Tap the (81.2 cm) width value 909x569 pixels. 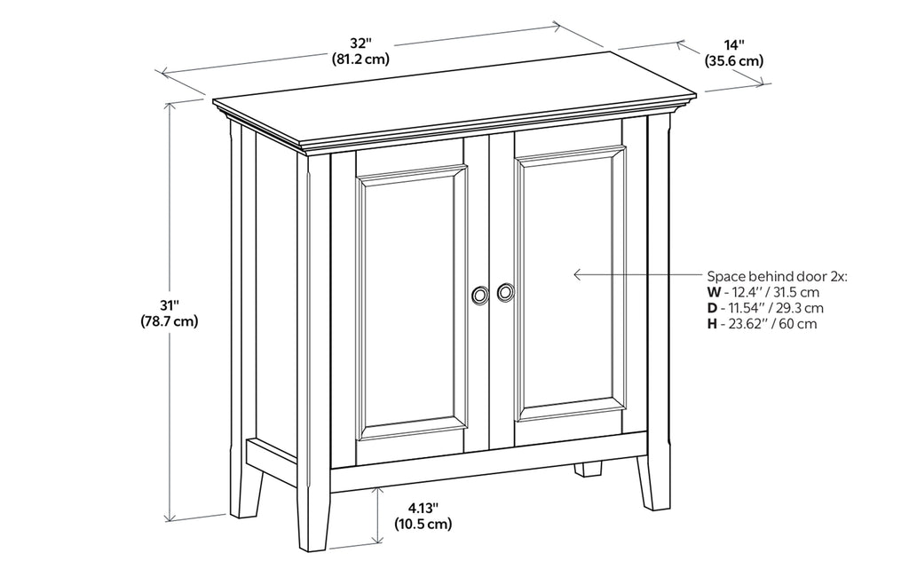coord(361,59)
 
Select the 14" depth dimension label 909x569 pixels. coord(733,45)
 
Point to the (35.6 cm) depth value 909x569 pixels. coord(734,61)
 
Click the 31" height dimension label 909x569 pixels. coord(169,305)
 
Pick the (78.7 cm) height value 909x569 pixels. coord(169,321)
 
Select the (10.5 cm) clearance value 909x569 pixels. coord(423,524)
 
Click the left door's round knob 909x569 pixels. coord(480,295)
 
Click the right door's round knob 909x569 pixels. coord(506,291)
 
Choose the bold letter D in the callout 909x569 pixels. coord(712,308)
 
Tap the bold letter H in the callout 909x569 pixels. coord(712,324)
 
